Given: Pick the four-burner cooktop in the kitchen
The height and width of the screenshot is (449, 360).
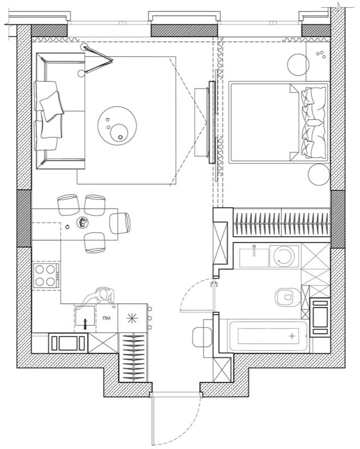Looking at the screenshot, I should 46,276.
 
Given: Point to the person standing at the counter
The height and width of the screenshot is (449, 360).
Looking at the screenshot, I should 98,296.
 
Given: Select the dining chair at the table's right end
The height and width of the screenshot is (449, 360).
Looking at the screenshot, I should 121,222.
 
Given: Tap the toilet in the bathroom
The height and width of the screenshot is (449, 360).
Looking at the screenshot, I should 286,296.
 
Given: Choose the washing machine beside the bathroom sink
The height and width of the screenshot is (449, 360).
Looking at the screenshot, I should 284,256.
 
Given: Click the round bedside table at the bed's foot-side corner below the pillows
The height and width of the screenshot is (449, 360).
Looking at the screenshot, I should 319,175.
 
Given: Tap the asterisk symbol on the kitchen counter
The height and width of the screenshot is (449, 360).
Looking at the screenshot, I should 131,318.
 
